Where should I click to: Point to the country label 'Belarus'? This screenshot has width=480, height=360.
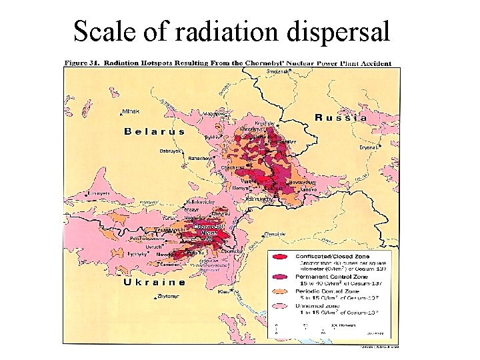click(155, 131)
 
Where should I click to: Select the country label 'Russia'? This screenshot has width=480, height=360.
click(341, 117)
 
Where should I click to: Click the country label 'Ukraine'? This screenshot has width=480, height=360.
click(155, 282)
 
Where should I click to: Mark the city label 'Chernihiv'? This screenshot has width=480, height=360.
click(275, 234)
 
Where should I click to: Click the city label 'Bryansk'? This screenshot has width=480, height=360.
click(369, 147)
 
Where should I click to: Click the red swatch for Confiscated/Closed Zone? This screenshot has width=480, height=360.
click(281, 256)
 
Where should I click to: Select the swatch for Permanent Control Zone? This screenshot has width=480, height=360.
click(281, 274)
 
